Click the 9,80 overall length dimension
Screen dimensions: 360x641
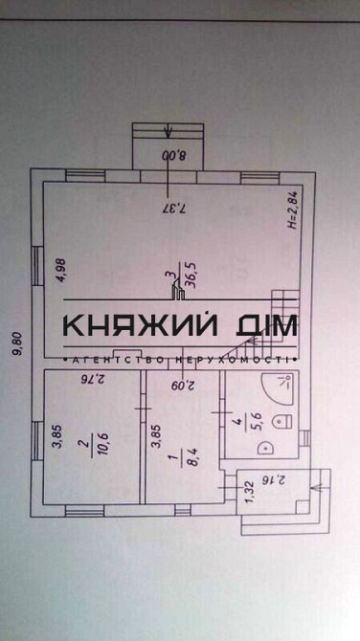(16, 343)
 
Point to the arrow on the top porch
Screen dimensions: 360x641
(168, 133)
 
